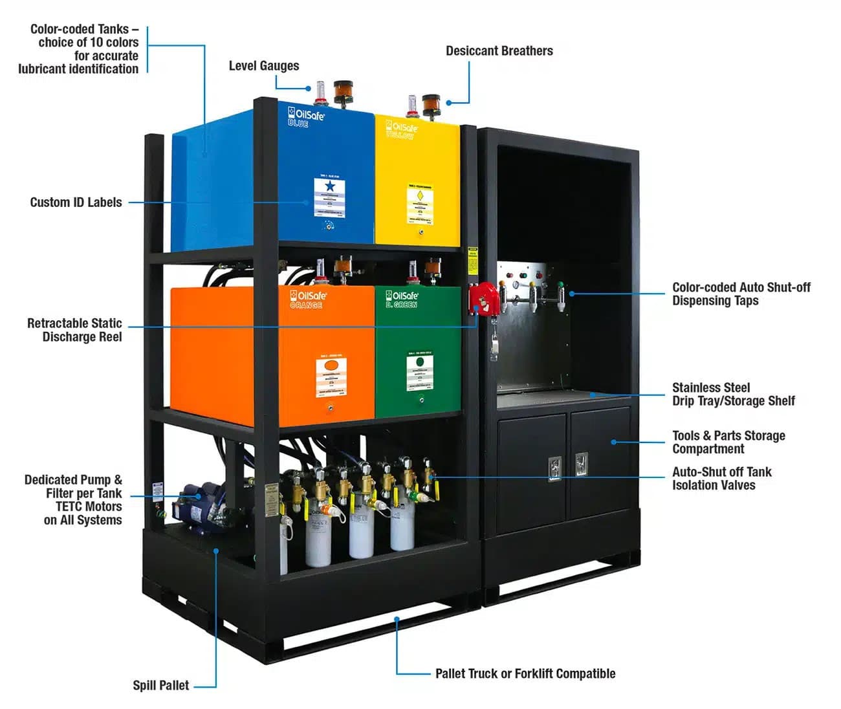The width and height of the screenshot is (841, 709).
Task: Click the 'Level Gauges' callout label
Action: coord(263,66)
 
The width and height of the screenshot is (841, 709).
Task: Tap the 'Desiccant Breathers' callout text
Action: coord(499,51)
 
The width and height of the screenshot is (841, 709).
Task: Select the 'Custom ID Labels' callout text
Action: coord(76,202)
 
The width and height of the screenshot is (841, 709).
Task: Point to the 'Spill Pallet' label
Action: coord(160,686)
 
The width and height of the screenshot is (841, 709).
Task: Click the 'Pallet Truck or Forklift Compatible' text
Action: coord(525,674)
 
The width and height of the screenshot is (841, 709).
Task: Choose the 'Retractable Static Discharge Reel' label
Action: coord(74,330)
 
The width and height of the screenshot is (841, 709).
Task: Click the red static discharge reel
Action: coord(483,297)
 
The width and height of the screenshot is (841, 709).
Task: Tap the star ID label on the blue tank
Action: coord(329,197)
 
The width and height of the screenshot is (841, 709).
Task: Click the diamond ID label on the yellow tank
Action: coord(420,204)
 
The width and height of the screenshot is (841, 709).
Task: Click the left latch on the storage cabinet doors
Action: coord(554,467)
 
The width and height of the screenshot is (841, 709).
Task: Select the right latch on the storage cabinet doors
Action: coord(581,464)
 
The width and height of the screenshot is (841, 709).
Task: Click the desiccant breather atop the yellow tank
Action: coord(431,104)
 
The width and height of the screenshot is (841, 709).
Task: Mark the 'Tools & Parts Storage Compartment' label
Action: coord(728,442)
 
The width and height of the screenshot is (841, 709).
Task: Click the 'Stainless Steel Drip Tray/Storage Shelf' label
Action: coord(733,395)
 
